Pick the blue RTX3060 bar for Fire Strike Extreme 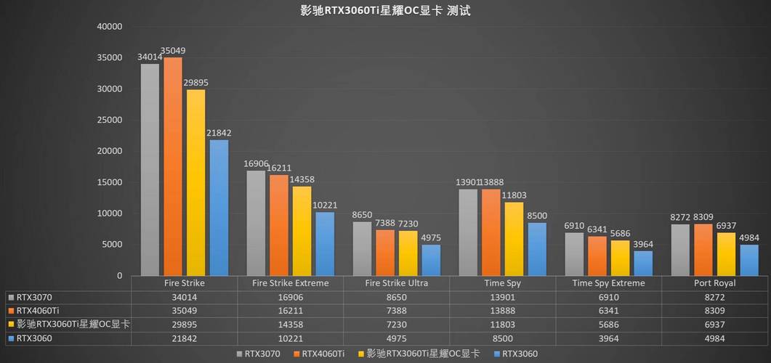(x=325, y=243)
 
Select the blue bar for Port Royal (x=749, y=260)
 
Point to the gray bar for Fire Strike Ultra (x=362, y=248)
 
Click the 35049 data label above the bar (x=173, y=51)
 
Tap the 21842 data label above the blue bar (x=219, y=133)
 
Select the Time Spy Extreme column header (x=608, y=283)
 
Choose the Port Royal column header (x=714, y=283)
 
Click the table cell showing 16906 (x=290, y=297)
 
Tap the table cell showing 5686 (x=608, y=325)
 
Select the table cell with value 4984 (x=714, y=338)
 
